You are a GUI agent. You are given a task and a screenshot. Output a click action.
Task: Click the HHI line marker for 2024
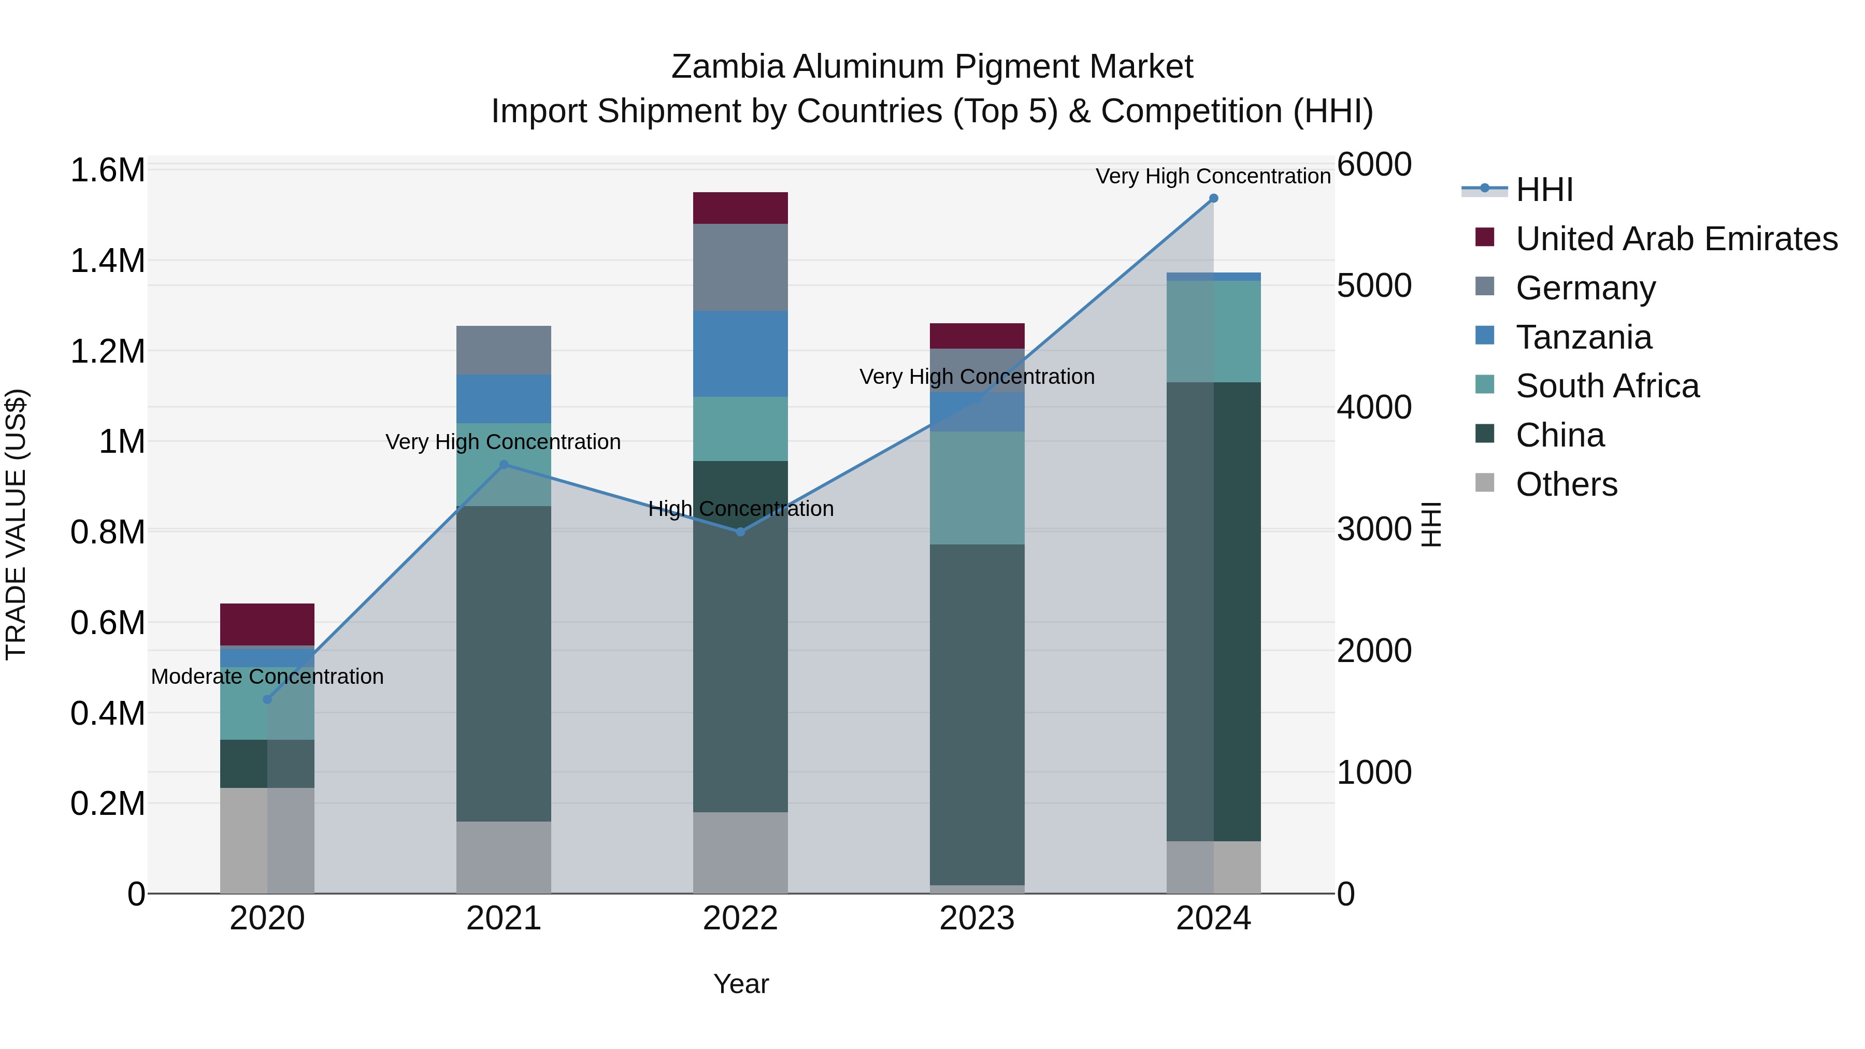pos(1213,198)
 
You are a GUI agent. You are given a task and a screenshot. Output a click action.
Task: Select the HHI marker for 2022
pos(740,532)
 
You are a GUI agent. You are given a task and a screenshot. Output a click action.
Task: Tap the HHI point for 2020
pos(267,699)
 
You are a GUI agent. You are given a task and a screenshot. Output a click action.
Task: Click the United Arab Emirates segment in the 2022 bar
pos(740,208)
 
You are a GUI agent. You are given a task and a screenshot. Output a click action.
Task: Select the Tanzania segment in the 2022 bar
pos(740,353)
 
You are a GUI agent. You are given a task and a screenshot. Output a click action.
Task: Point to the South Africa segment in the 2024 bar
pos(1213,331)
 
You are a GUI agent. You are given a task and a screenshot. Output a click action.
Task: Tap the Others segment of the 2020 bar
pos(267,840)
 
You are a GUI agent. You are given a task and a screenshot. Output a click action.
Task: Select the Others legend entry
pos(1566,484)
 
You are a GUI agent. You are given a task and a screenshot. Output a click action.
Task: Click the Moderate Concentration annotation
pos(267,677)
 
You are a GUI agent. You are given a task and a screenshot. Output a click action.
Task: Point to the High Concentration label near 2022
pos(741,509)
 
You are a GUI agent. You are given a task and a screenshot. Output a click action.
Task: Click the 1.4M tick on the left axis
pos(107,261)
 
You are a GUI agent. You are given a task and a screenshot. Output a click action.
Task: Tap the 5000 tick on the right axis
pos(1373,286)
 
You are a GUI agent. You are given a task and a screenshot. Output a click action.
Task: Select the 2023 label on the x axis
pos(977,918)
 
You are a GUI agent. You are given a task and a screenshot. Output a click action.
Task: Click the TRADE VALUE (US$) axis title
pos(16,524)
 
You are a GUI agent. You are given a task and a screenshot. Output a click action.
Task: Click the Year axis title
pos(741,984)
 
